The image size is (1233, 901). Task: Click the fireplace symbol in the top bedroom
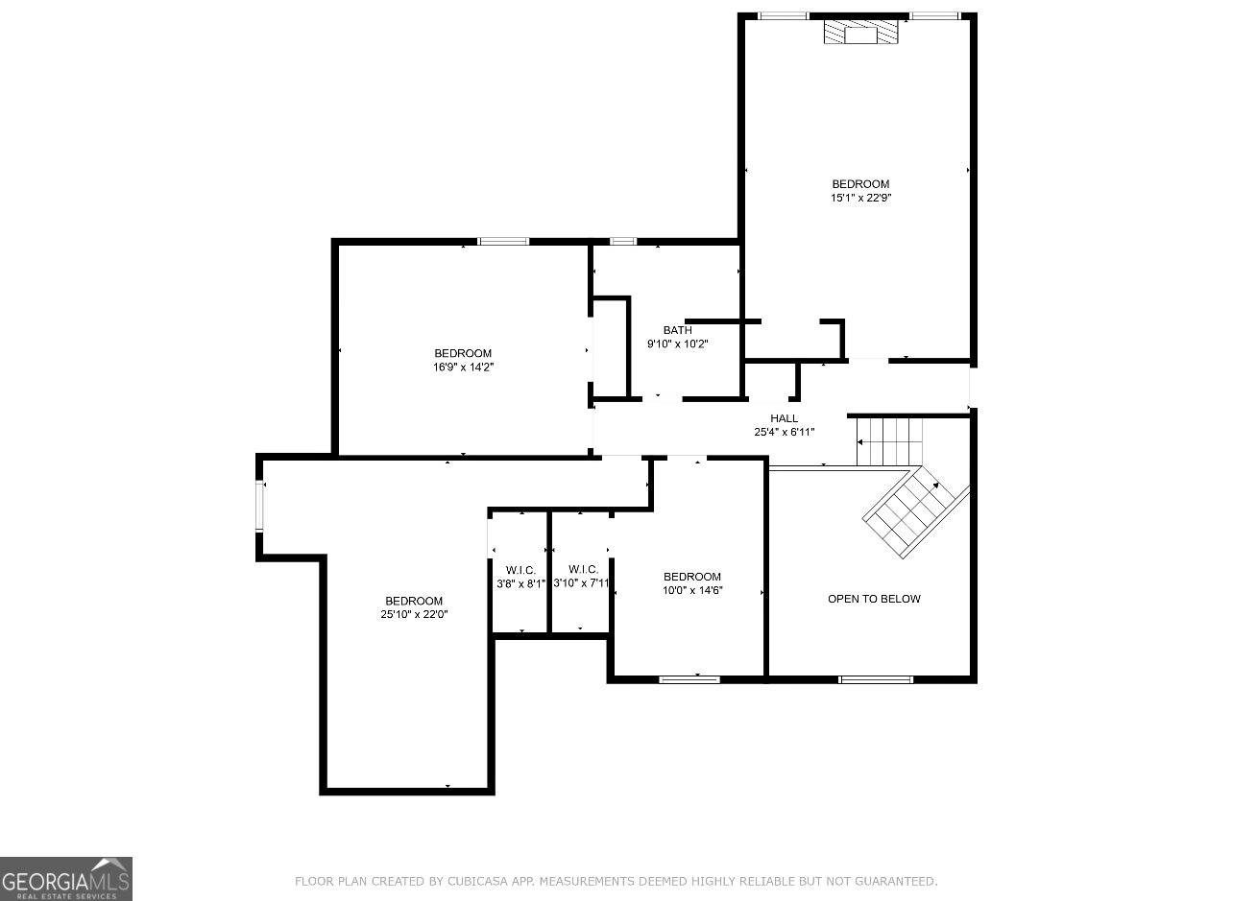[x=860, y=32]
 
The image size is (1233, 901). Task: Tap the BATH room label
[x=677, y=330]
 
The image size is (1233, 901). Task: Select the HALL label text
[x=784, y=418]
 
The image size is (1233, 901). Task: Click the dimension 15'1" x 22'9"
[x=861, y=198]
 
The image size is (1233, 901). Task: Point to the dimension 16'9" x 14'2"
[x=463, y=367]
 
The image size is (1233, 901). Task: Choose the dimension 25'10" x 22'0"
[x=414, y=614]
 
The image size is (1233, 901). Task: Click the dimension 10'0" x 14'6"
[x=692, y=590]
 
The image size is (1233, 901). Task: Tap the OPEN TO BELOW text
[x=874, y=599]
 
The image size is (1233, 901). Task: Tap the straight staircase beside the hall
[x=889, y=441]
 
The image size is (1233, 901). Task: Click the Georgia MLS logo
[x=66, y=878]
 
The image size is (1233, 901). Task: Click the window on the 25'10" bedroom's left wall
[x=260, y=506]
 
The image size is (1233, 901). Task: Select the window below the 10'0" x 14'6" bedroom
[x=689, y=679]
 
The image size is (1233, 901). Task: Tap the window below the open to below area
[x=875, y=679]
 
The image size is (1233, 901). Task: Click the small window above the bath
[x=623, y=241]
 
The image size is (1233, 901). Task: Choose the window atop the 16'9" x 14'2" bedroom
[x=503, y=241]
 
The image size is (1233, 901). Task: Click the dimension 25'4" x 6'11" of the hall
[x=784, y=432]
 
